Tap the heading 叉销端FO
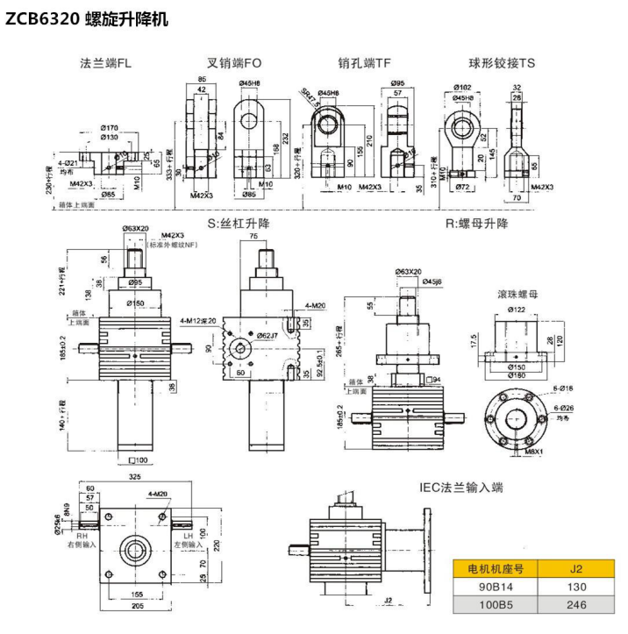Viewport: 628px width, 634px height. [234, 63]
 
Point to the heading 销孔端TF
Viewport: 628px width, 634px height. [364, 63]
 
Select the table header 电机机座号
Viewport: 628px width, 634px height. [496, 567]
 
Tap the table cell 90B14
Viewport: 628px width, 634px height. [496, 587]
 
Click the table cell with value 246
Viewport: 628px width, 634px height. [575, 605]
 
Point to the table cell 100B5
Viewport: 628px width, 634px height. [496, 605]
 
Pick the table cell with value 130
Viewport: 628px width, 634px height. [575, 587]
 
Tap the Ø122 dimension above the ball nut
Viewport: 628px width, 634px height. [518, 309]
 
